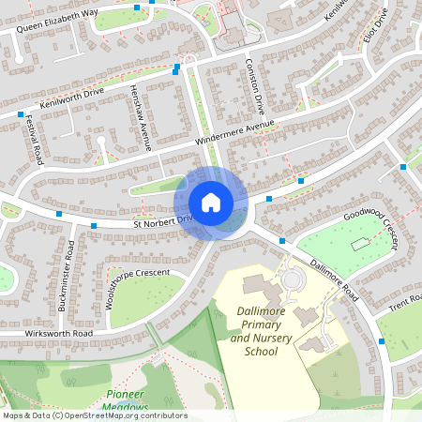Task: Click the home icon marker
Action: pyautogui.click(x=211, y=203)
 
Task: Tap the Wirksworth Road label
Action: pyautogui.click(x=47, y=333)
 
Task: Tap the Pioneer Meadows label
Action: pyautogui.click(x=127, y=400)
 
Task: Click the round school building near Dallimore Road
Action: pyautogui.click(x=294, y=279)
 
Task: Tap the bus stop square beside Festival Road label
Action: pyautogui.click(x=20, y=114)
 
